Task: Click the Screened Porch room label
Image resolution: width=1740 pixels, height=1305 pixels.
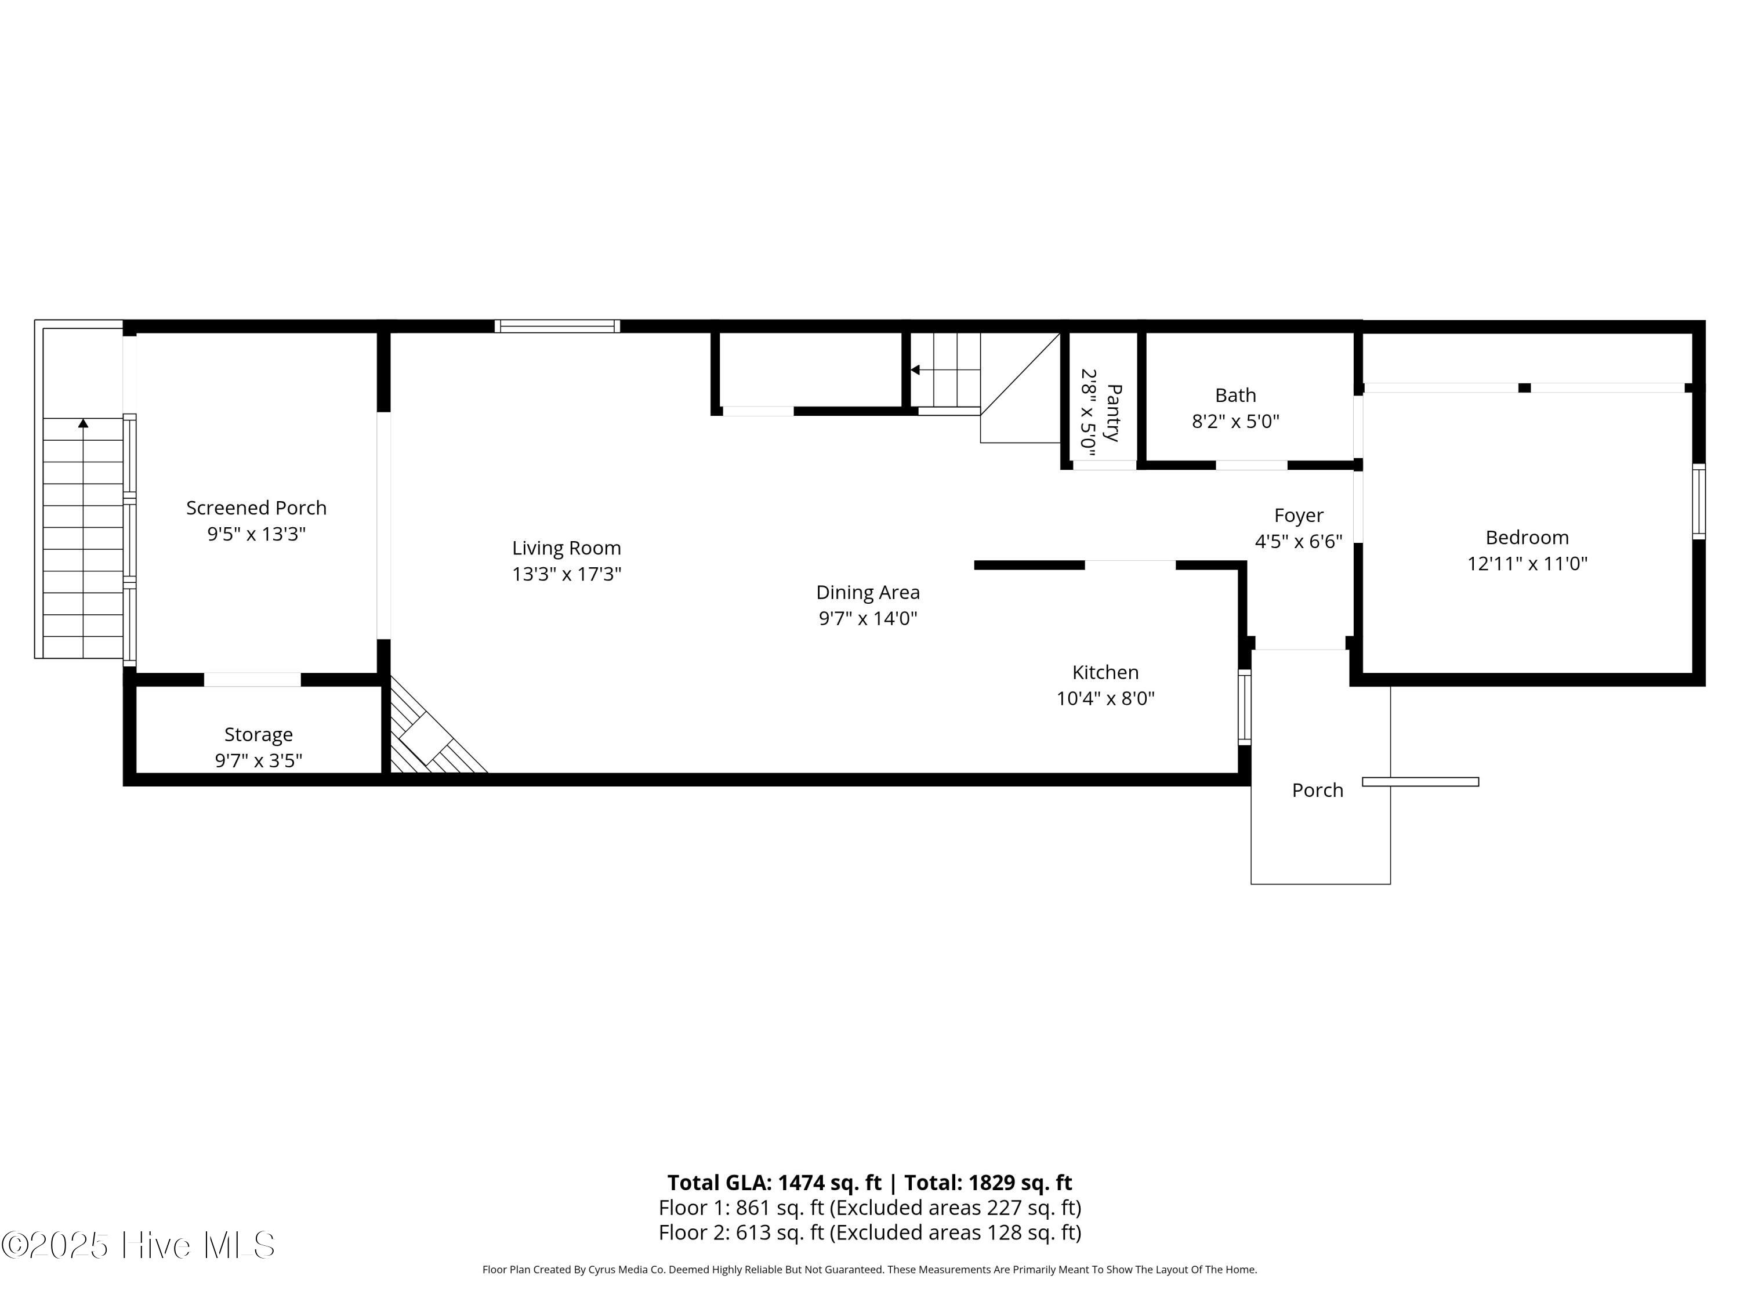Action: tap(256, 508)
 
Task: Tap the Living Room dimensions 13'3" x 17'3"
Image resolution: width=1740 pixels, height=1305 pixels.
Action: tap(566, 574)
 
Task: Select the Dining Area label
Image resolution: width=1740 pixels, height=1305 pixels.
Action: tap(868, 592)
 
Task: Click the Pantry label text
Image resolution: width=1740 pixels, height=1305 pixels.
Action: tap(1113, 412)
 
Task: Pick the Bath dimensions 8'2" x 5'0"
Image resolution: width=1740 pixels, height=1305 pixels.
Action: tap(1235, 422)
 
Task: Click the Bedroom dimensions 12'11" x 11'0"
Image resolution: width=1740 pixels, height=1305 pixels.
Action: tap(1527, 564)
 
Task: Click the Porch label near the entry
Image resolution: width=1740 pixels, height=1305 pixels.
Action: tap(1318, 791)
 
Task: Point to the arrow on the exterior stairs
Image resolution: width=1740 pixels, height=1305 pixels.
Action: tap(84, 424)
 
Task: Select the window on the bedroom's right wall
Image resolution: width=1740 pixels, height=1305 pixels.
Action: tap(1698, 502)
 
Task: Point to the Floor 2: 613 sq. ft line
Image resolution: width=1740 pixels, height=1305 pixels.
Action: tap(869, 1232)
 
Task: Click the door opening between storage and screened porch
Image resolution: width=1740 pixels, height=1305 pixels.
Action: tap(252, 680)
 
